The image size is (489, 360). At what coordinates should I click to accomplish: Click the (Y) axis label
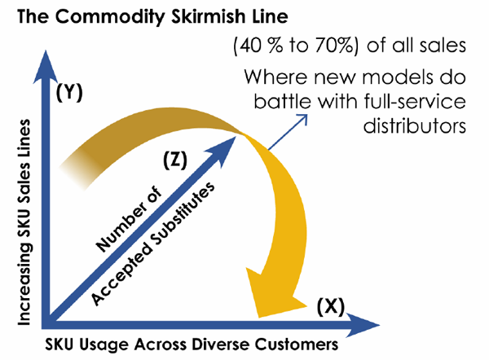69,92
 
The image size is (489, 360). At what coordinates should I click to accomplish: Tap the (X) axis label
331,306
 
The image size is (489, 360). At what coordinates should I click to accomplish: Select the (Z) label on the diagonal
175,160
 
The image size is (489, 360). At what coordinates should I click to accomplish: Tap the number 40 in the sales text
249,46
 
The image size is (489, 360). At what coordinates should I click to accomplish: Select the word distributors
415,126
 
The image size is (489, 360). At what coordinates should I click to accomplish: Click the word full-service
415,101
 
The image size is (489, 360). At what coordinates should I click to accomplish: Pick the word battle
282,101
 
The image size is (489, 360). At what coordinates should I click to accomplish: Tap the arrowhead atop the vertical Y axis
46,67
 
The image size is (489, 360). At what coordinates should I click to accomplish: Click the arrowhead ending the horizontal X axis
363,325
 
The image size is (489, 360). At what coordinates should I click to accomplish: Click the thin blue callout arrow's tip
307,114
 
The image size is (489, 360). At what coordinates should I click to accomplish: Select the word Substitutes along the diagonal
183,213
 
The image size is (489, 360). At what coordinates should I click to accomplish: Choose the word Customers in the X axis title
297,345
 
